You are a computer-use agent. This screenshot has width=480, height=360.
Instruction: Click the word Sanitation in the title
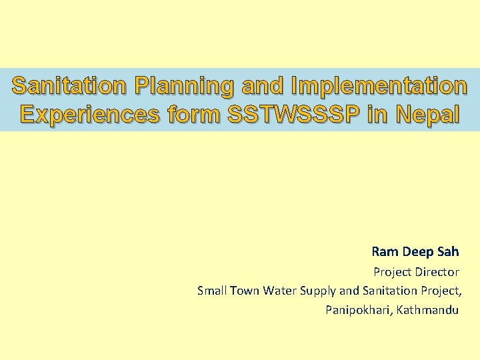(x=70, y=86)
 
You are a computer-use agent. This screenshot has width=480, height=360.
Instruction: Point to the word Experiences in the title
(x=89, y=114)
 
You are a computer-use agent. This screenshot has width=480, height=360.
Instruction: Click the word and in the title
(x=261, y=86)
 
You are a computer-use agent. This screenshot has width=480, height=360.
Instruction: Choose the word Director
(x=436, y=272)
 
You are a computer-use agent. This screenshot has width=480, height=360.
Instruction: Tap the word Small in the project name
(x=213, y=291)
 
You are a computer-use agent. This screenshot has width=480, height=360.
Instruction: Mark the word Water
(x=280, y=291)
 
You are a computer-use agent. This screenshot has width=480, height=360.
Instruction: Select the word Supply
(x=319, y=291)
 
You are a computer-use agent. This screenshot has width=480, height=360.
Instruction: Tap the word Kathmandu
(x=427, y=310)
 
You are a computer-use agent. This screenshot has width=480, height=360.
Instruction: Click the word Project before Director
(x=392, y=272)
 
